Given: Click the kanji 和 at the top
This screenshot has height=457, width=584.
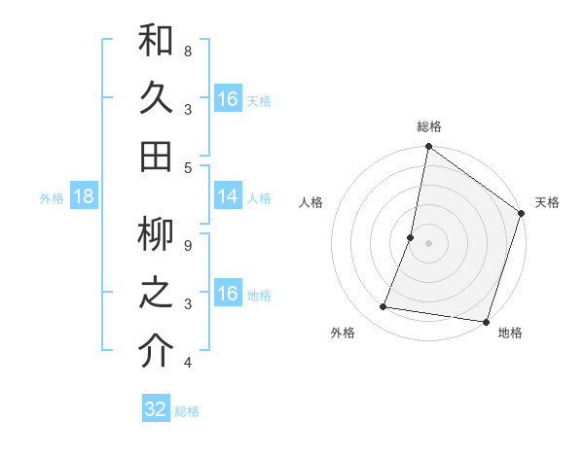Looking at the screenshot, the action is (x=156, y=41).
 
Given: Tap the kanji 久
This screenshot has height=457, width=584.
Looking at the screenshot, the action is (x=156, y=99).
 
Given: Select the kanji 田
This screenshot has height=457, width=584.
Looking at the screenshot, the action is (x=156, y=157).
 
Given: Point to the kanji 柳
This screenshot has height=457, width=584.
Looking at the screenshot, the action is (x=156, y=235).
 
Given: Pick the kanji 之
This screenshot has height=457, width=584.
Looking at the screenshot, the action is (x=156, y=294).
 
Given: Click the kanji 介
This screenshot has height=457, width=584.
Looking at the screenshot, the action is (x=156, y=352).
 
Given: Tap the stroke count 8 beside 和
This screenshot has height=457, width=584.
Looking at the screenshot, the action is (x=187, y=51).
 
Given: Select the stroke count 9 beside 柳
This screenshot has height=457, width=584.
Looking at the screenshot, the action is (x=187, y=245).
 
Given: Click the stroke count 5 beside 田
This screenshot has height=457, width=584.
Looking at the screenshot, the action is (x=187, y=167).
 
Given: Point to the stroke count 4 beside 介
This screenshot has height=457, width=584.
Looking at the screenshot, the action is (x=187, y=363).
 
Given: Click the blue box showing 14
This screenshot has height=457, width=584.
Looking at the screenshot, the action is (x=228, y=196).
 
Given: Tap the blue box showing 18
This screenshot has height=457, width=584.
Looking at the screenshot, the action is (x=83, y=196).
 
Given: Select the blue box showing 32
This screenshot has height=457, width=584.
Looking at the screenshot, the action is (x=156, y=409).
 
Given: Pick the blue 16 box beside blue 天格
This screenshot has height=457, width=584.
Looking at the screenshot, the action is (x=228, y=99).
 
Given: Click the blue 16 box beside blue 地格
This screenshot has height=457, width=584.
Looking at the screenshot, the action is (x=228, y=294).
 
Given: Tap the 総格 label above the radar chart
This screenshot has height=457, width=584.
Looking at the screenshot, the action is (x=429, y=126).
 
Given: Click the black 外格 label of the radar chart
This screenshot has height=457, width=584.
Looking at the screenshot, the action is (x=343, y=334).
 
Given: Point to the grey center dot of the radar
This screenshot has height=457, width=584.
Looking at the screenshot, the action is (x=429, y=243).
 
